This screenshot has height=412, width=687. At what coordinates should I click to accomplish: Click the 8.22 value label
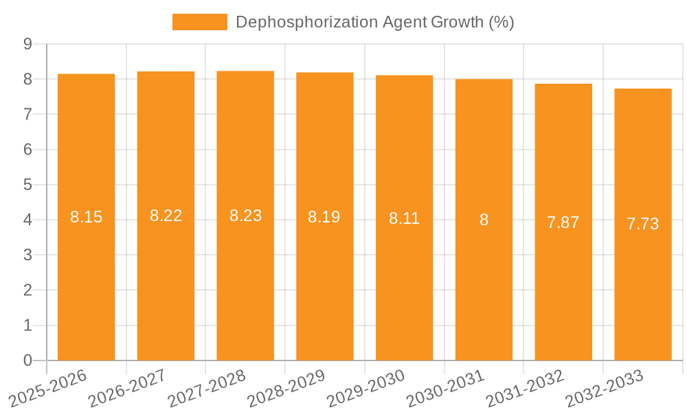click(166, 216)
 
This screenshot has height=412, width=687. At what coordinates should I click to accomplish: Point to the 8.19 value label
click(324, 217)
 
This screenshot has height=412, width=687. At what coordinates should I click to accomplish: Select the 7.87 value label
click(563, 222)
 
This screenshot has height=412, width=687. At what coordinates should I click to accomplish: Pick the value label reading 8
click(484, 220)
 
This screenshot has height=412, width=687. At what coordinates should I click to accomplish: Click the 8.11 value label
click(404, 218)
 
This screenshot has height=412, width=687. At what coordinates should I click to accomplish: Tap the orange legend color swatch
click(199, 22)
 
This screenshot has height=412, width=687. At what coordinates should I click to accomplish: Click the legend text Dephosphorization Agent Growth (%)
click(374, 22)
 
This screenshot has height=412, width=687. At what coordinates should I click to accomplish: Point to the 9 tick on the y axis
click(27, 44)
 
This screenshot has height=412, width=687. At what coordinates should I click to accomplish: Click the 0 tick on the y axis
click(27, 360)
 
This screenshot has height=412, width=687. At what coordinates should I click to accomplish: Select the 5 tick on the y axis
click(27, 185)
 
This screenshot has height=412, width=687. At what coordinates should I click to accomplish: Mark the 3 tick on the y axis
click(27, 255)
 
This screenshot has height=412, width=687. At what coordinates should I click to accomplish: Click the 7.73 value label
click(643, 224)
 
